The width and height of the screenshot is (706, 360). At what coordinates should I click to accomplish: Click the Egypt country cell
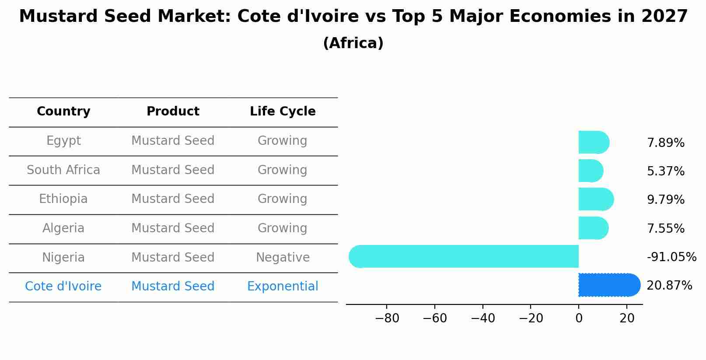[63, 141]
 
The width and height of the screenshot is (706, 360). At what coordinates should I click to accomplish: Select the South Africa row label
[63, 170]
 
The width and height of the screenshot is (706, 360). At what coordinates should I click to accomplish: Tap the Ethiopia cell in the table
[63, 199]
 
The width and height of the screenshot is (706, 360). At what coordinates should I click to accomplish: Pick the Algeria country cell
[63, 228]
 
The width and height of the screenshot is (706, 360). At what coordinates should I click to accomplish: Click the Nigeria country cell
[63, 258]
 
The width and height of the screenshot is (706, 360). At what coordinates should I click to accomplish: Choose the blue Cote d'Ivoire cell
[63, 287]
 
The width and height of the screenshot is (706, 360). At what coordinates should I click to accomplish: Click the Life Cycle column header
[283, 112]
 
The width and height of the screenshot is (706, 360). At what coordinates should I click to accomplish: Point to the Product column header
[173, 112]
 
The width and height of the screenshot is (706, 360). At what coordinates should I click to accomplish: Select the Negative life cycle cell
[283, 258]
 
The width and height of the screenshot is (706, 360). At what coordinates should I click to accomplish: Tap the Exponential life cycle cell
[283, 287]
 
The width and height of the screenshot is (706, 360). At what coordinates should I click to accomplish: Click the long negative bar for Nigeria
[464, 256]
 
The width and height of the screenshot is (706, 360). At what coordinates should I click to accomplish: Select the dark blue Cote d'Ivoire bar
[608, 285]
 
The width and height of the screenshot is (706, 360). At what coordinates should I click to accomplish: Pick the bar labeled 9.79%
[595, 199]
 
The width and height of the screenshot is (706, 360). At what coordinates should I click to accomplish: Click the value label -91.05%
[671, 257]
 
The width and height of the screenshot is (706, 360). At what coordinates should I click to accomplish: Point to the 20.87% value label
[669, 286]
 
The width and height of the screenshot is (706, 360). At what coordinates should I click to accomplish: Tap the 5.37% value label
[665, 171]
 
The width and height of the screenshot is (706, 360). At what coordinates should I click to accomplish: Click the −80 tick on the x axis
[387, 318]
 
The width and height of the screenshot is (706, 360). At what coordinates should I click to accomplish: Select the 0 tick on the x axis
[579, 318]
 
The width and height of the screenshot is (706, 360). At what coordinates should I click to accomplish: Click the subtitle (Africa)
[353, 43]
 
